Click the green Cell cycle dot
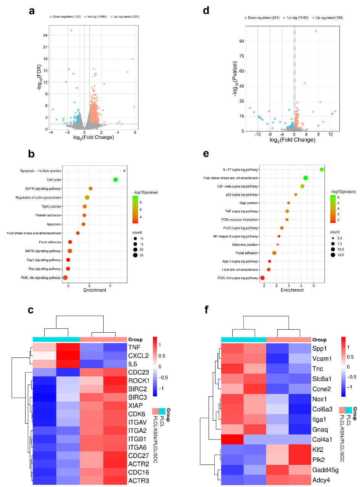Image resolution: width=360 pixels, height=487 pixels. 116,180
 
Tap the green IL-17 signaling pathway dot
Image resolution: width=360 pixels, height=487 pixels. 321,170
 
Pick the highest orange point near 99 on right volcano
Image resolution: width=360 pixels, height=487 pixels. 316,31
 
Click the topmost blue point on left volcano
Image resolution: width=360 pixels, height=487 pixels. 71,30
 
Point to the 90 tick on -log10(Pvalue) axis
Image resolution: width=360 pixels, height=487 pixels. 241,41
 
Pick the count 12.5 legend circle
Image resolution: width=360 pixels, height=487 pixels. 333,255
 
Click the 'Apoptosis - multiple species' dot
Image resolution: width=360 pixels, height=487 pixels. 124,171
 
